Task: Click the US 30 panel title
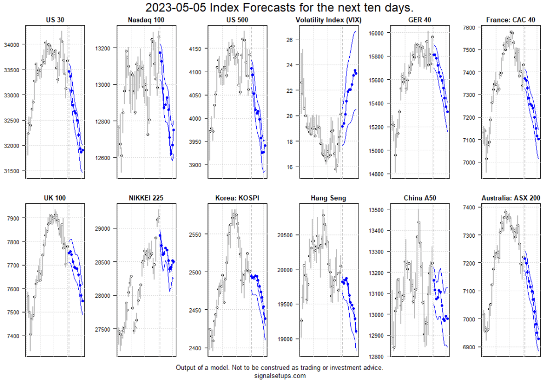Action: pos(55,20)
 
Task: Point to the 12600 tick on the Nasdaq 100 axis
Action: pos(105,157)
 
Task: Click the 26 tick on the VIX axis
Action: pos(290,39)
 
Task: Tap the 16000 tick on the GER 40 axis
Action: pos(379,33)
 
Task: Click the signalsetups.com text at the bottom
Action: pos(279,375)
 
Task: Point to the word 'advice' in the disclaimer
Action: pos(372,368)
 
